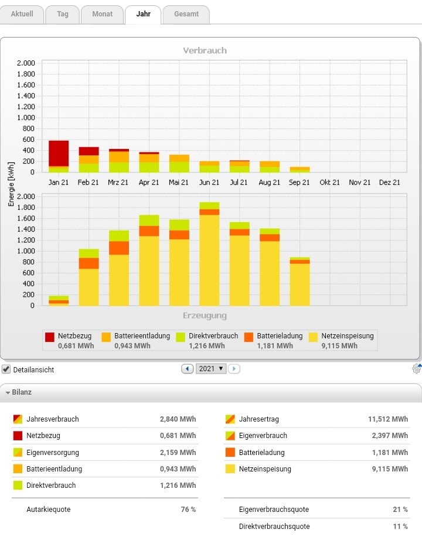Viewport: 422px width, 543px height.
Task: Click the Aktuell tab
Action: tap(22, 14)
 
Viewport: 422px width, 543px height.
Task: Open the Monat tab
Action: tap(102, 14)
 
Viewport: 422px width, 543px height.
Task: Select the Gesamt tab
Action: tap(186, 14)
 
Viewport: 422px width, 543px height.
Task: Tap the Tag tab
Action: tap(62, 14)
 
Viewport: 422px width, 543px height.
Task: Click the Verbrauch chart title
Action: tap(205, 50)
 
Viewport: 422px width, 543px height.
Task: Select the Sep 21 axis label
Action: tap(299, 182)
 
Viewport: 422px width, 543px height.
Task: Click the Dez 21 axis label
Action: tap(389, 182)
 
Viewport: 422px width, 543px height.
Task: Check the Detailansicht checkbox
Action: tap(6, 369)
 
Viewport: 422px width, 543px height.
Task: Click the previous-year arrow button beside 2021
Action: tap(188, 369)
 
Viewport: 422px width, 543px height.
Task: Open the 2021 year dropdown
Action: tap(212, 369)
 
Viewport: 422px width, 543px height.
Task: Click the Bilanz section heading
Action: tap(22, 392)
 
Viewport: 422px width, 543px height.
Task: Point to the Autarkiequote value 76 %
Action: tap(188, 510)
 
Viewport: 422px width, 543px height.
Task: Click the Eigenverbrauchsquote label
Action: tap(274, 510)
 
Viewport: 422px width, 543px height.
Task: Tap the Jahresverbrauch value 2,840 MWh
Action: tap(178, 419)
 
